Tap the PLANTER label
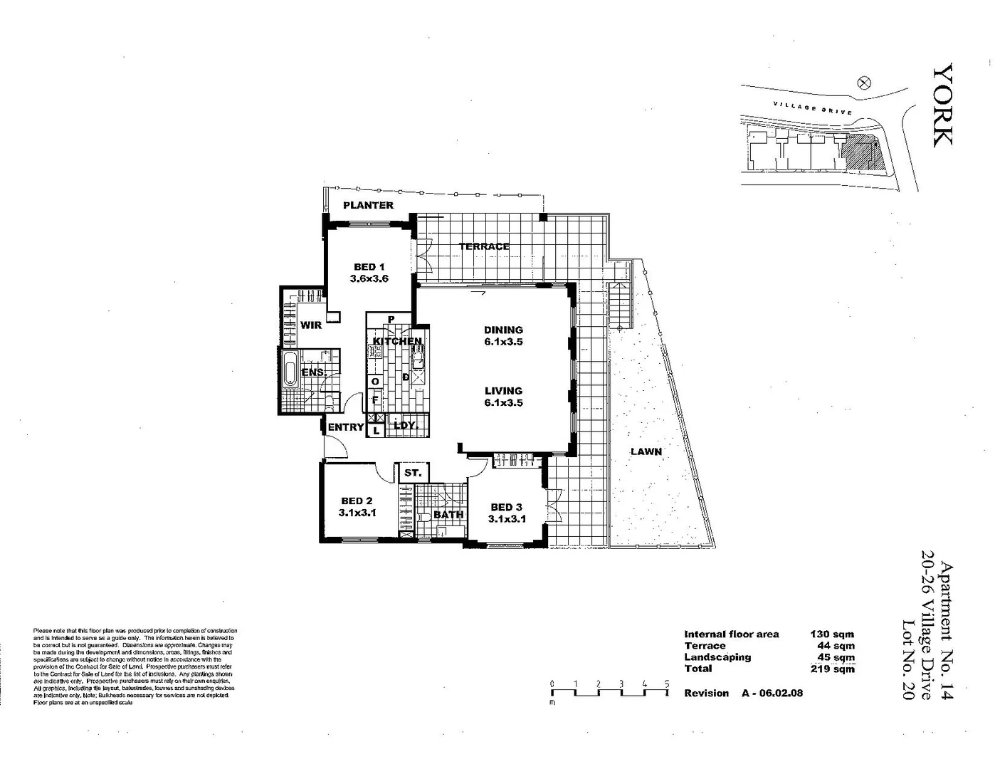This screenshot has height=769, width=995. pyautogui.click(x=368, y=205)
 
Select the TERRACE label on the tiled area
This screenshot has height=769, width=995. pyautogui.click(x=484, y=246)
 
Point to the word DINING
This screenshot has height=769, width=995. pyautogui.click(x=503, y=330)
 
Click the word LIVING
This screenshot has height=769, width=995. pyautogui.click(x=503, y=391)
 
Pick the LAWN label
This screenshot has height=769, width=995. pyautogui.click(x=646, y=451)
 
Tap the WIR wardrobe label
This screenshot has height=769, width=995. pyautogui.click(x=311, y=325)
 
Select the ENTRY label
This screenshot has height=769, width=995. pyautogui.click(x=346, y=427)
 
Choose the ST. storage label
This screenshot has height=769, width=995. pyautogui.click(x=413, y=473)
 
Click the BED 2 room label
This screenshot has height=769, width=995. pyautogui.click(x=357, y=501)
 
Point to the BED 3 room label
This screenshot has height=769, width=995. pyautogui.click(x=506, y=507)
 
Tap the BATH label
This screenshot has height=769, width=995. pyautogui.click(x=448, y=514)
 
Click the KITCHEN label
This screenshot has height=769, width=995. pyautogui.click(x=397, y=341)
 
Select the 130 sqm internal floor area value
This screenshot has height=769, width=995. pyautogui.click(x=832, y=634)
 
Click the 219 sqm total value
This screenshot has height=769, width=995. pyautogui.click(x=832, y=669)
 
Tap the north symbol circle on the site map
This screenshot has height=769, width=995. pyautogui.click(x=865, y=82)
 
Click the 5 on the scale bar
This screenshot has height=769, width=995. pyautogui.click(x=667, y=684)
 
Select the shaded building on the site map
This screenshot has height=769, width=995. pyautogui.click(x=860, y=152)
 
